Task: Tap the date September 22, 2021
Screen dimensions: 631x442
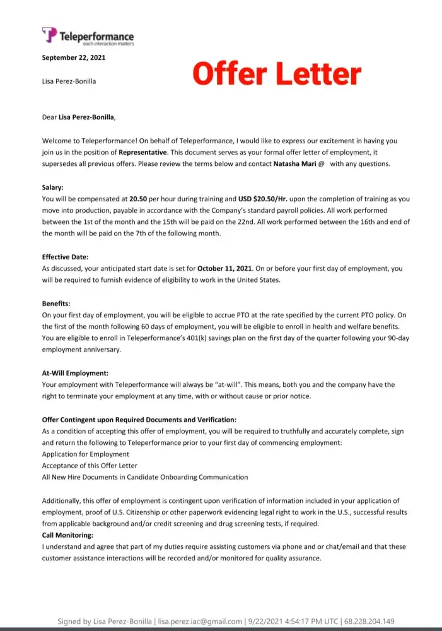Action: click(x=73, y=57)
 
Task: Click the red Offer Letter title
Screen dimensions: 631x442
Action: click(x=277, y=74)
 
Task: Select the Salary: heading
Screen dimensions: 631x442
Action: click(x=53, y=187)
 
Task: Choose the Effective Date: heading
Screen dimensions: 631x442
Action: click(x=66, y=257)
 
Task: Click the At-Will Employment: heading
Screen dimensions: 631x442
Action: click(x=75, y=373)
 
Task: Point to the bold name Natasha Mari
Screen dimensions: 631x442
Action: click(x=294, y=164)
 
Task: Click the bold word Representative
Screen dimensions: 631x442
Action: click(x=143, y=152)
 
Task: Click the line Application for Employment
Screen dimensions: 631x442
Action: click(x=86, y=454)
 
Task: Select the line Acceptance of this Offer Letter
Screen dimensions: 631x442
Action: click(x=90, y=465)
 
